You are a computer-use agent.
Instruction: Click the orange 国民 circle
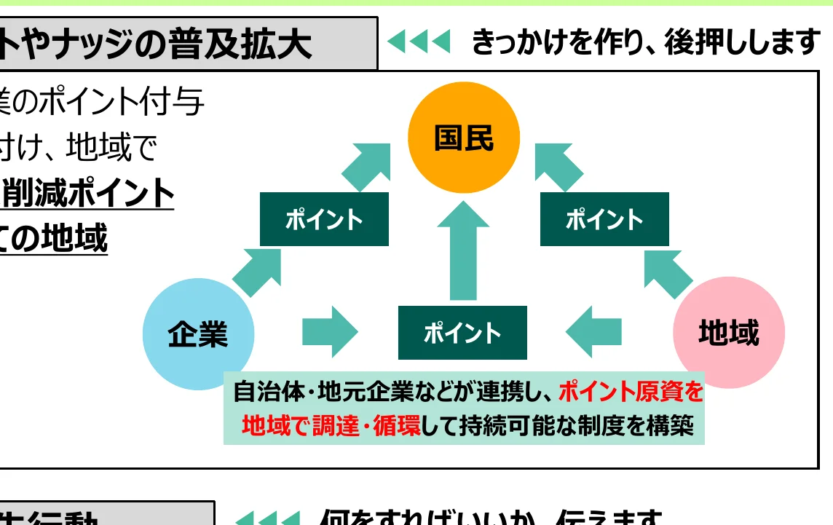pyautogui.click(x=464, y=138)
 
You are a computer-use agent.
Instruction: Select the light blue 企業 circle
pyautogui.click(x=198, y=334)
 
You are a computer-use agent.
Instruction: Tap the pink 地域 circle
pyautogui.click(x=729, y=333)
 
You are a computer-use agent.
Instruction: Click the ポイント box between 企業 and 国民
pyautogui.click(x=324, y=219)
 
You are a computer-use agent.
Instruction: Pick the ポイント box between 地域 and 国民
pyautogui.click(x=604, y=219)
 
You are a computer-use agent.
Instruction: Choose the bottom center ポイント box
pyautogui.click(x=462, y=333)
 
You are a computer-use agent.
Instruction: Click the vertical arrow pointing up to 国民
pyautogui.click(x=463, y=251)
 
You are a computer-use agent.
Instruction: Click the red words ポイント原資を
pyautogui.click(x=631, y=392)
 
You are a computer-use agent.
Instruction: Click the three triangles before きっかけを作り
pyautogui.click(x=419, y=42)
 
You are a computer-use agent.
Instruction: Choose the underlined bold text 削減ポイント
pyautogui.click(x=89, y=194)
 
